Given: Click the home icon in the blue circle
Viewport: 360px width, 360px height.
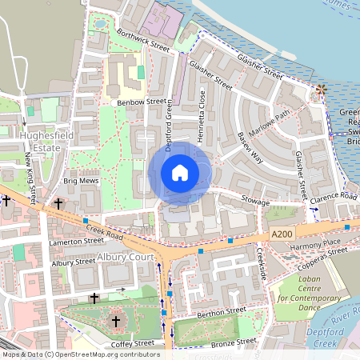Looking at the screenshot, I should pyautogui.click(x=180, y=173).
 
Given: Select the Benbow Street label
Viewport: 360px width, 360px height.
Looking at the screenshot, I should pyautogui.click(x=142, y=102).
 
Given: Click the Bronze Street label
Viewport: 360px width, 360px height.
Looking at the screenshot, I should pyautogui.click(x=234, y=342).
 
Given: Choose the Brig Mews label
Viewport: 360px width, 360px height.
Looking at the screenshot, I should pyautogui.click(x=79, y=182).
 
